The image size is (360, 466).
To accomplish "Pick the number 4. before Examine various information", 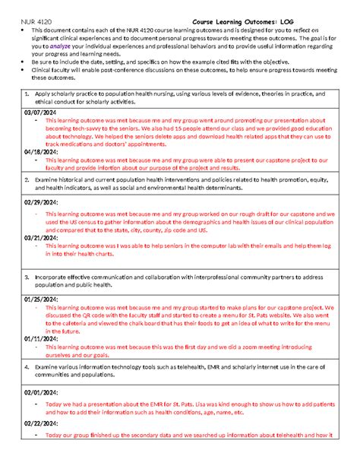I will click(x=27, y=366).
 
